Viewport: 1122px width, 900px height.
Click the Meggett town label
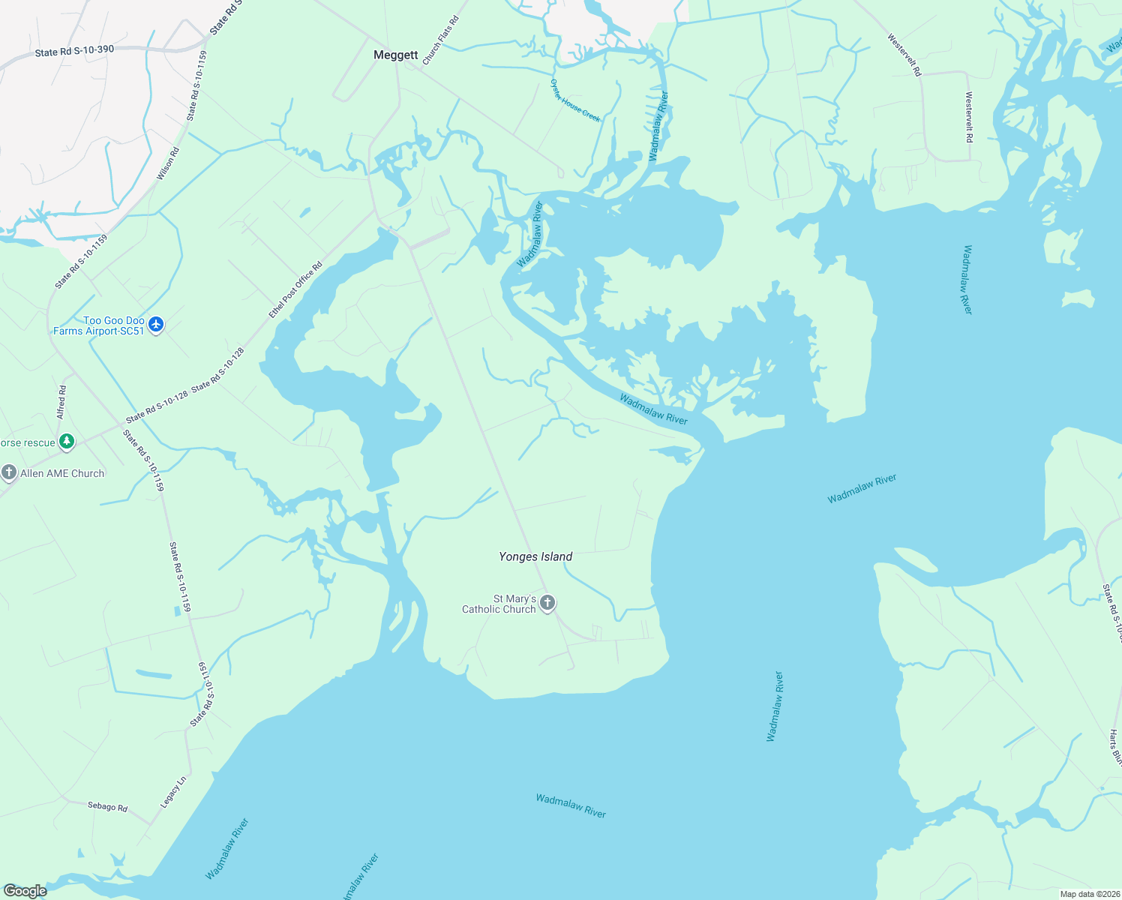[x=396, y=55]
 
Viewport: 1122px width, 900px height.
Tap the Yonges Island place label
[x=535, y=556]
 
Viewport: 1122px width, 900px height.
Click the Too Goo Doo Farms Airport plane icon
[x=156, y=325]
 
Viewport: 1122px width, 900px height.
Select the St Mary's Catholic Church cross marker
[x=547, y=603]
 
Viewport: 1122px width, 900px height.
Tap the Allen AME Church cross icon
[x=9, y=472]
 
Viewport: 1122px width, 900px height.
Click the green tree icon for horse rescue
[x=67, y=442]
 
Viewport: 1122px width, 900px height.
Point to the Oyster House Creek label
[x=575, y=100]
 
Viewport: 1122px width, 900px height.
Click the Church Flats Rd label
[x=440, y=40]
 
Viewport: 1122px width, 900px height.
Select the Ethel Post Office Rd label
[x=295, y=289]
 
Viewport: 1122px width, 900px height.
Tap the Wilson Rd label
[x=168, y=163]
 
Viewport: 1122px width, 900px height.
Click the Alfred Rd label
[x=61, y=402]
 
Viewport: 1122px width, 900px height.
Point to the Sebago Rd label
[x=107, y=806]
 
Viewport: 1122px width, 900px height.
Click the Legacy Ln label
[x=173, y=792]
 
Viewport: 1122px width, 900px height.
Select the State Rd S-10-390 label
[x=74, y=51]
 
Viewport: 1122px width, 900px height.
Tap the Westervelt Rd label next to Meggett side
[x=904, y=55]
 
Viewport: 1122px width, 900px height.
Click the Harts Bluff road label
[x=1115, y=747]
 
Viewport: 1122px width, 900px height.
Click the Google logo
[x=25, y=891]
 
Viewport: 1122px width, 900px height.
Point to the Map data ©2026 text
[x=1089, y=894]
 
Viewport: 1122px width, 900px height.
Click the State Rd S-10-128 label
[x=157, y=407]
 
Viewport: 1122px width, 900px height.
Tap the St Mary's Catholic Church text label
[x=499, y=604]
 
